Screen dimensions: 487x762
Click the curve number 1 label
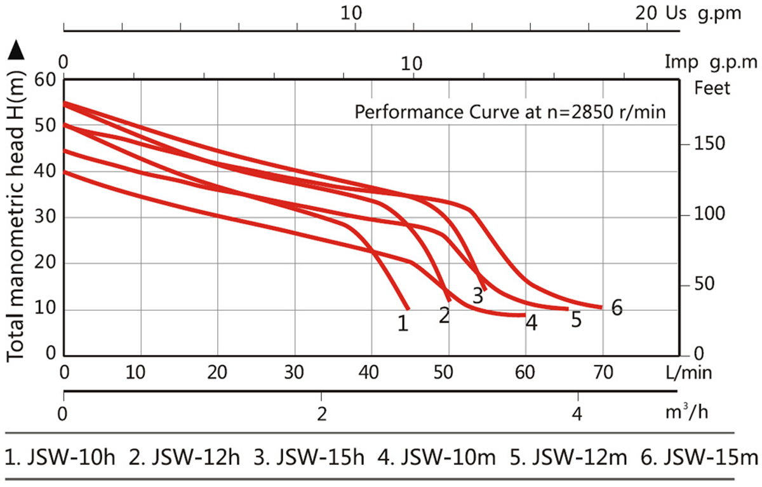pyautogui.click(x=402, y=323)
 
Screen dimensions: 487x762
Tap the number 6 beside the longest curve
pyautogui.click(x=616, y=308)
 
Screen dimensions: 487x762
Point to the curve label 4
pyautogui.click(x=531, y=324)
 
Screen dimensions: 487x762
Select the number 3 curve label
pyautogui.click(x=478, y=295)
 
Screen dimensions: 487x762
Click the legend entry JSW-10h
pyautogui.click(x=61, y=457)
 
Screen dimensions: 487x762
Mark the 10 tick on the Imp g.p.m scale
pyautogui.click(x=412, y=63)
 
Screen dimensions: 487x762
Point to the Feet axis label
pyautogui.click(x=713, y=87)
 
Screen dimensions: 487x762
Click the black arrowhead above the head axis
pyautogui.click(x=17, y=50)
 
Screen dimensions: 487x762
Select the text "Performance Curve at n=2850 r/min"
pyautogui.click(x=509, y=113)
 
